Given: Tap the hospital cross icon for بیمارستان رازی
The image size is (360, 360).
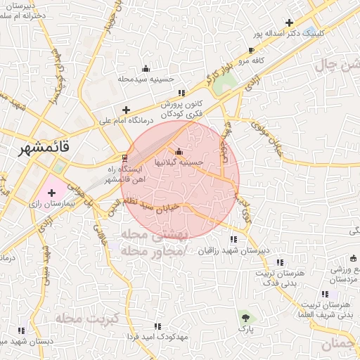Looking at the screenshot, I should tap(52, 192).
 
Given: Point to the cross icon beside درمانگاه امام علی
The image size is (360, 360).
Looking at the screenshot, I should tap(126, 110).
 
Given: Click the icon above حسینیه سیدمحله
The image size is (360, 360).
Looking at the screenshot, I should tap(146, 68).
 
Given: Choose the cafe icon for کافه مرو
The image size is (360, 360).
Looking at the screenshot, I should tap(252, 51).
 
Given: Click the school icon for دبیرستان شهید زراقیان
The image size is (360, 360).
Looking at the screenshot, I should tap(233, 240).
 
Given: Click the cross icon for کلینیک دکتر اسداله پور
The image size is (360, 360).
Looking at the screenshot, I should tap(289, 22).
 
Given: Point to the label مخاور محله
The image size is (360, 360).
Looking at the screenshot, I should tap(151, 251).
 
